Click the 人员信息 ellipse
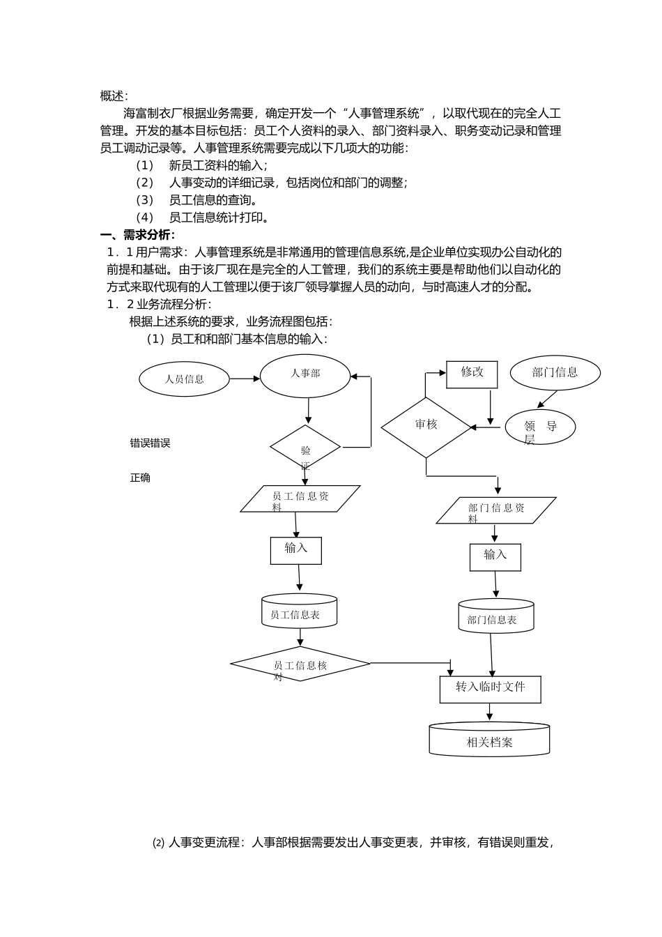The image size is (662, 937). (185, 379)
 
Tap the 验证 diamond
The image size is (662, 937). (305, 448)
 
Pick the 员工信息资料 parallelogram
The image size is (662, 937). (300, 498)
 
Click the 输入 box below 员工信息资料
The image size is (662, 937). (296, 550)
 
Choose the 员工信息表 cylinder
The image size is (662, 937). (300, 611)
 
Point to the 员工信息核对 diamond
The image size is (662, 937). (300, 664)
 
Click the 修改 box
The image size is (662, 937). (472, 374)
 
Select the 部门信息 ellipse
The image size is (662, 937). (555, 372)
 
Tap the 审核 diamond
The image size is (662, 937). (426, 427)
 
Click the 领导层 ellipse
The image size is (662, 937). (540, 427)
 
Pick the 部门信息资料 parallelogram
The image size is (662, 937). (496, 510)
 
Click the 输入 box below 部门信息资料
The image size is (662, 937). (495, 557)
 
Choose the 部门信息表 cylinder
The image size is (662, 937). (496, 616)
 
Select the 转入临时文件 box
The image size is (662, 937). (490, 689)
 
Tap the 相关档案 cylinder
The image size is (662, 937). (489, 740)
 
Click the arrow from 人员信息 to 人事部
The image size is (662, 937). (245, 379)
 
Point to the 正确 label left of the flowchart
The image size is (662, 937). (140, 478)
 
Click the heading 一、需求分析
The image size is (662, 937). (138, 235)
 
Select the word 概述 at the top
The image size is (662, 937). (114, 96)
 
